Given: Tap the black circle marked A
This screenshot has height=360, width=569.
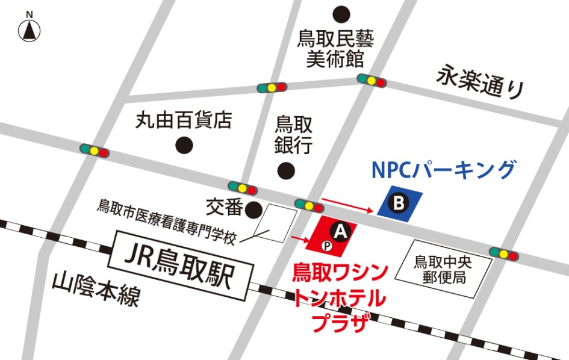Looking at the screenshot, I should click(x=341, y=230).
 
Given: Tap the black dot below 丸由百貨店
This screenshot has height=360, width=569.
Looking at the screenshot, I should click(x=184, y=145).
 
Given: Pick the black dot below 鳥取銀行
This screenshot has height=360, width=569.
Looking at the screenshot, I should click(x=286, y=171).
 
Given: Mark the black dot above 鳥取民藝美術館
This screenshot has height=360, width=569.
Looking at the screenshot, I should click(x=341, y=13).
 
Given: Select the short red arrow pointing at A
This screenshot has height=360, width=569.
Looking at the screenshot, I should click(x=299, y=239).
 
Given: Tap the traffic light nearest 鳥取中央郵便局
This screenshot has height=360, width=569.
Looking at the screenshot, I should click(x=504, y=253).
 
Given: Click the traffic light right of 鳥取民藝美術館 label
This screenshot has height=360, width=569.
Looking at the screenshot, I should click(x=372, y=79).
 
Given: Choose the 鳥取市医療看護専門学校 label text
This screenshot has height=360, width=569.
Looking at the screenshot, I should click(x=169, y=220).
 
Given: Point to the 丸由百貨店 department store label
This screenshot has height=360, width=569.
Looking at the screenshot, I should click(x=183, y=120).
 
